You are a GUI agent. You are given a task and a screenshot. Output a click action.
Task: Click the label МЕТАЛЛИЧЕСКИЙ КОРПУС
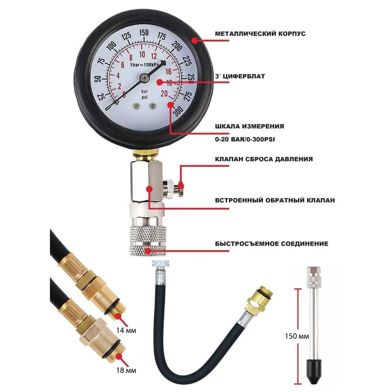(x=260, y=34)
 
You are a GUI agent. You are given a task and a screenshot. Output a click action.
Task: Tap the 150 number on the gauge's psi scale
(x=144, y=33)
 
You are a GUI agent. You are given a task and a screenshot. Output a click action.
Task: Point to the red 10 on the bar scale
(x=142, y=54)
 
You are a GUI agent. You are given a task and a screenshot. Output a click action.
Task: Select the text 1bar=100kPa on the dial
(x=144, y=65)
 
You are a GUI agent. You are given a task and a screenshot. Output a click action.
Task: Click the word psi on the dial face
(x=145, y=97)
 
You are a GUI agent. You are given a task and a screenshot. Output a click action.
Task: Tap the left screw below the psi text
(x=137, y=106)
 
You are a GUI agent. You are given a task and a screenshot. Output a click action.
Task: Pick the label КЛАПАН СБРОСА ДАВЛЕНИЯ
(x=264, y=159)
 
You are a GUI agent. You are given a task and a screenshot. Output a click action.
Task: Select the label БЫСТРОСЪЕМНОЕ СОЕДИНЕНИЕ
(x=272, y=244)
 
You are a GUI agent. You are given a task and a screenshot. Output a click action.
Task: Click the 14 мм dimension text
(x=126, y=330)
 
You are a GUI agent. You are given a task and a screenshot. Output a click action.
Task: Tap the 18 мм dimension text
(x=126, y=370)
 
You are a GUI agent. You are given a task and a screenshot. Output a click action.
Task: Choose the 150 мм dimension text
(x=297, y=336)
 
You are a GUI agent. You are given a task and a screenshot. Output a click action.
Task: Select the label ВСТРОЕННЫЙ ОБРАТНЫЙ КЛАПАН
(x=275, y=200)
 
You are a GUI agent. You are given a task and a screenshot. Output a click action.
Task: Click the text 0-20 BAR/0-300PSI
(x=245, y=140)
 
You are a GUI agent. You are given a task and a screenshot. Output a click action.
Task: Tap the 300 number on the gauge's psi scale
(x=178, y=111)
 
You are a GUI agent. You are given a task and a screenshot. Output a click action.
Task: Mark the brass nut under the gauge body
(x=145, y=154)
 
